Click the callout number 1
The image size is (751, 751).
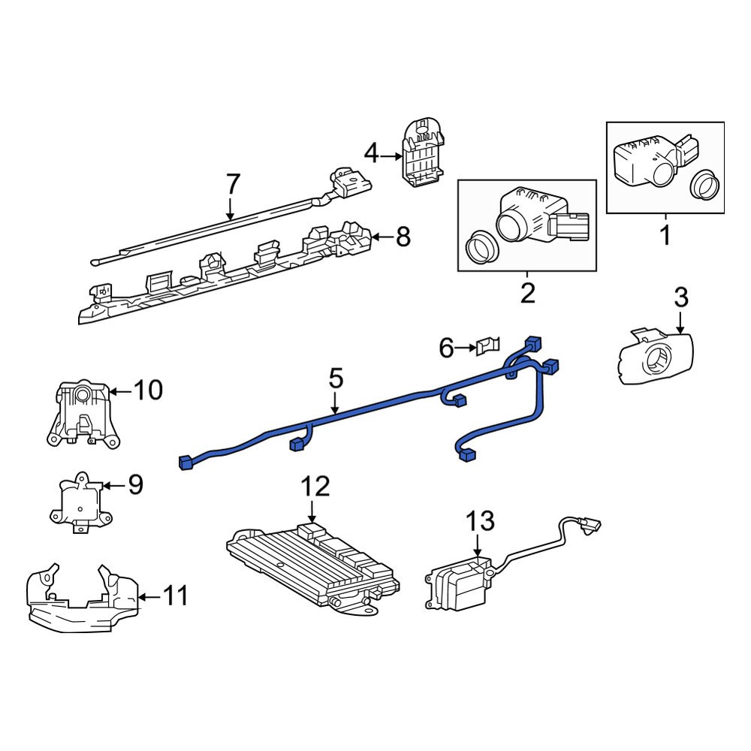coord(665,236)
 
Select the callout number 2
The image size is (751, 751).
coord(527,292)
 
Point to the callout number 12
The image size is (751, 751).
coord(315,487)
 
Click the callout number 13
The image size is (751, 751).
coord(481,520)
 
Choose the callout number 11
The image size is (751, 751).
coord(175,596)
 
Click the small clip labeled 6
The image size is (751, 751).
coord(487,347)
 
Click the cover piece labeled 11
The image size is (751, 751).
coord(79,601)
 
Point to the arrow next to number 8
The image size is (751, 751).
coord(382,238)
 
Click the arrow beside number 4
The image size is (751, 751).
coord(391,156)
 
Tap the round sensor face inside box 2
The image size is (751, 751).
coord(511,224)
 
